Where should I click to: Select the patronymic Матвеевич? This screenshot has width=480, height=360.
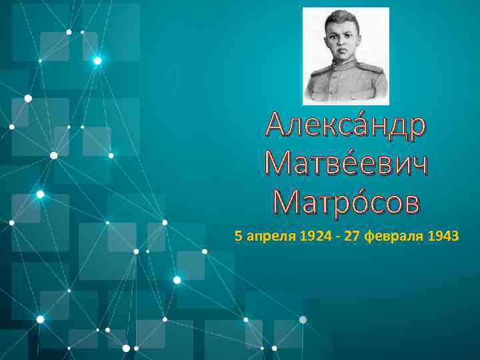(346, 164)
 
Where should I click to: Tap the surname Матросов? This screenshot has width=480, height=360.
(346, 201)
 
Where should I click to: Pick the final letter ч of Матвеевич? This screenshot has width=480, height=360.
(416, 164)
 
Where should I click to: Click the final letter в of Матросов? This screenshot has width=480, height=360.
(410, 201)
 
